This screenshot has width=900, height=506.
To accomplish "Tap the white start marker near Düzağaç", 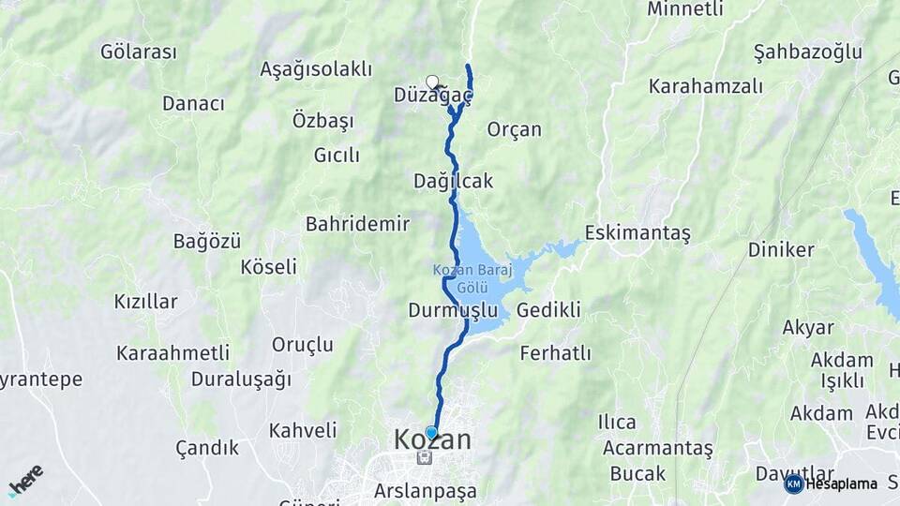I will [432, 82].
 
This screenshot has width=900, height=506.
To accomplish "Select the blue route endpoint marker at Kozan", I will [431, 432].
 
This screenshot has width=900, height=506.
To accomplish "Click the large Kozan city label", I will [432, 440].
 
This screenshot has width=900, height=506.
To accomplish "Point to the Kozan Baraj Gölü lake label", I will [468, 278].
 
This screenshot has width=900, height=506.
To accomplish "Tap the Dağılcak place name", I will [453, 181].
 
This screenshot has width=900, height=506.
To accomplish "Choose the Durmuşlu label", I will [453, 310].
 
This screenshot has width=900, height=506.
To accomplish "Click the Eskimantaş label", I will [637, 232].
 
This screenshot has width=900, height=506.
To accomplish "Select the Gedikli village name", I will [548, 310].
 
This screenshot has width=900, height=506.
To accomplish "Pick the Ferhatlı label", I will [555, 353].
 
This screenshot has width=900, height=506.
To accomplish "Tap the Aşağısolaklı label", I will [316, 69].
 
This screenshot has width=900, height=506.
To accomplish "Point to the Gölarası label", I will [139, 52].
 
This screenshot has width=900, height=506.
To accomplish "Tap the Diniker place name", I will [781, 249].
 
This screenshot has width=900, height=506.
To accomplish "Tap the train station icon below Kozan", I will [425, 457].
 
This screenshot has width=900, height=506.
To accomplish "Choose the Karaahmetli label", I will [172, 353].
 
